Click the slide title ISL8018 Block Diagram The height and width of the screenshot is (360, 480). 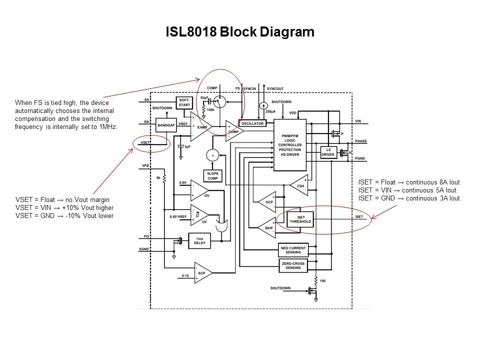click(240, 32)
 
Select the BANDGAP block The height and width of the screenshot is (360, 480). click(165, 125)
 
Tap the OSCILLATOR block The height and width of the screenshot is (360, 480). click(252, 123)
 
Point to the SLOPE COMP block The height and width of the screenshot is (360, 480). click(212, 176)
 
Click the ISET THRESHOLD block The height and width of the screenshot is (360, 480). click(300, 219)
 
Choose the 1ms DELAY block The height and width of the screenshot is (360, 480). click(199, 240)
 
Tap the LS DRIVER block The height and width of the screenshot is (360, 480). click(328, 152)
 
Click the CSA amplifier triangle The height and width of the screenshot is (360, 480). click(299, 184)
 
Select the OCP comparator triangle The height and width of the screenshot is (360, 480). click(266, 202)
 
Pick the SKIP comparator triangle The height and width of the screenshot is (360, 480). click(266, 228)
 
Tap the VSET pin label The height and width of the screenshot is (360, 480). click(145, 143)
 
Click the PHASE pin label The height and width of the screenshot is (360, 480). click(360, 141)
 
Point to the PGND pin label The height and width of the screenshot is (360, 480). click(360, 157)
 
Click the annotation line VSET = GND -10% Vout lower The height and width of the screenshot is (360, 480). click(64, 216)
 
